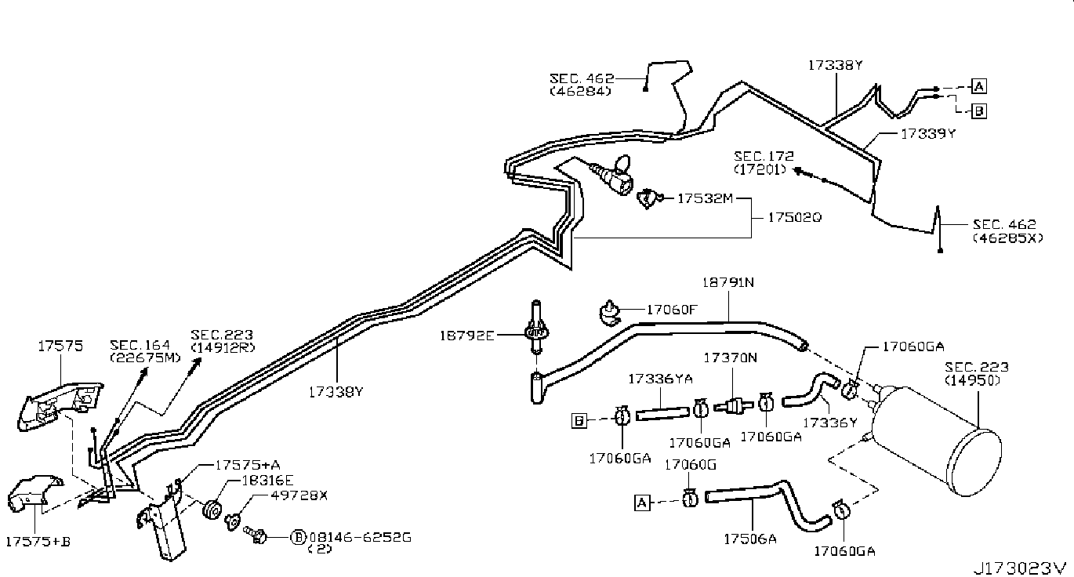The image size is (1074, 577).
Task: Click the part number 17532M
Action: pos(705,198)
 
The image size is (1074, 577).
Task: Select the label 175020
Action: pos(794,217)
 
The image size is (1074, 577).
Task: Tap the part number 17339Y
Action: pos(927,134)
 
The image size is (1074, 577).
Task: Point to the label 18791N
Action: pos(727,282)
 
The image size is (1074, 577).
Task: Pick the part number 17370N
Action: pos(730,357)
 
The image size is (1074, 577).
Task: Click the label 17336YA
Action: pos(660,379)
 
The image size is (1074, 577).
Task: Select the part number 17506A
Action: pos(750,539)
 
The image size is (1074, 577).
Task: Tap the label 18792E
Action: pos(466,336)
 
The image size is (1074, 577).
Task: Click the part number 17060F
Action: pos(671,310)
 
